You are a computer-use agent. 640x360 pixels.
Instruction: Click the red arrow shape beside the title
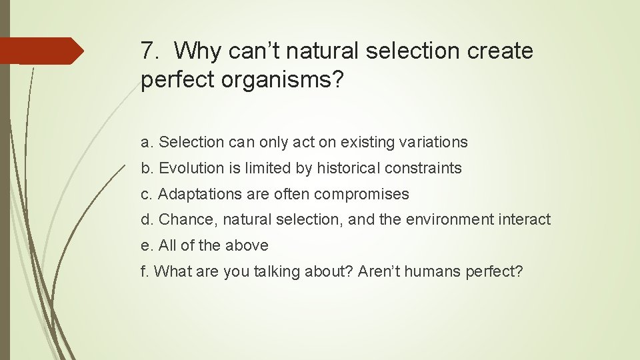[x=41, y=51]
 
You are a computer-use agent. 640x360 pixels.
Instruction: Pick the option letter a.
[x=145, y=143]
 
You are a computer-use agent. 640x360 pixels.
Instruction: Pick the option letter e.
[x=145, y=246]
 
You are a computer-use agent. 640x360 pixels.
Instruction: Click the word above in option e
[x=247, y=245]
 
